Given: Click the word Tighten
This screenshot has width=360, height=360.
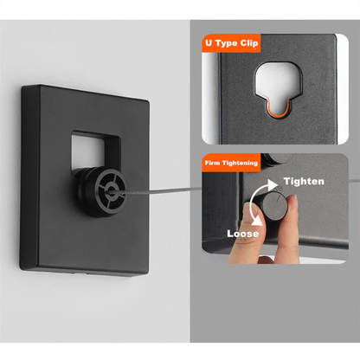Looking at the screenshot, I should (303, 182).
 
